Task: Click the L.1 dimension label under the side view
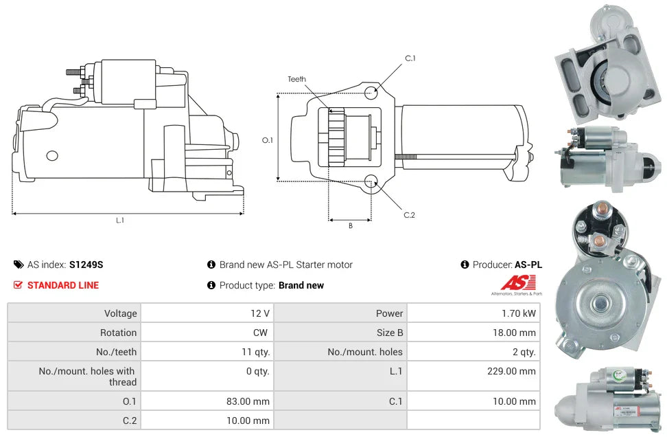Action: coord(120,220)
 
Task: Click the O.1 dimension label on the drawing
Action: coord(268,140)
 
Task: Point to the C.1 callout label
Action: coord(410,58)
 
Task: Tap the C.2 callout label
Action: coord(409,215)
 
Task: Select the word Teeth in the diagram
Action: coord(297,79)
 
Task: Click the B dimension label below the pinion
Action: coord(350,226)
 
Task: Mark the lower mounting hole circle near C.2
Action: coord(371,181)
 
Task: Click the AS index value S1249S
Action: coord(86,265)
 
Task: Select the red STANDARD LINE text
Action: coord(63,285)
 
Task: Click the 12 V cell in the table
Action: coord(260,313)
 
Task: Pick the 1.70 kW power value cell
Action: coord(518,313)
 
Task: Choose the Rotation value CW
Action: coord(262,333)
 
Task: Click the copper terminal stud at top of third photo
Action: coord(599,208)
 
